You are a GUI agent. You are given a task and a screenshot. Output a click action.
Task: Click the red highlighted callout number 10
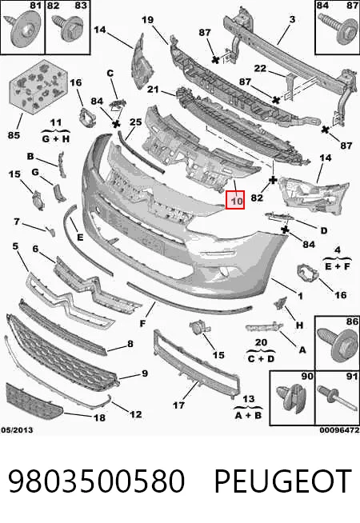[235, 200]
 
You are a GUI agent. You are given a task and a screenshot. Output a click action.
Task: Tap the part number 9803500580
[96, 481]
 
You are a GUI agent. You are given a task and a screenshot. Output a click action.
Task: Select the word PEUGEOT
[283, 481]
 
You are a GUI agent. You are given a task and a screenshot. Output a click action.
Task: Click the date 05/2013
[17, 430]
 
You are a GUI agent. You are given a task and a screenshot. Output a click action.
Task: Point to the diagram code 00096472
[339, 430]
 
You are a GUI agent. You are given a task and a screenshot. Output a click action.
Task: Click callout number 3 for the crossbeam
[292, 19]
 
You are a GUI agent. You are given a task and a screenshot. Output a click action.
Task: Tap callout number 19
[147, 20]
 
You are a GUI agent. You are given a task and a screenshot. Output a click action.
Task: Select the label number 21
[153, 90]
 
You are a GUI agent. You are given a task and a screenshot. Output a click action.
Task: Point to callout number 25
[136, 122]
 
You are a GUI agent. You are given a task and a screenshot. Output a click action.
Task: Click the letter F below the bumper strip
[142, 323]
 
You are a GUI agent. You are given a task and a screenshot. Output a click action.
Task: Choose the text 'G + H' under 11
[56, 138]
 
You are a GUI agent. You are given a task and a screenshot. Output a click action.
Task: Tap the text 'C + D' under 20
[261, 358]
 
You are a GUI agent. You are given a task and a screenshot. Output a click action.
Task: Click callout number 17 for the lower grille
[178, 405]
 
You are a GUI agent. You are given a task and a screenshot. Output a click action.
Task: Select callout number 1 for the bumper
[300, 296]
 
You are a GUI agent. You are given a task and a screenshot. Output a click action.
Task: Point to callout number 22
[260, 69]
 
